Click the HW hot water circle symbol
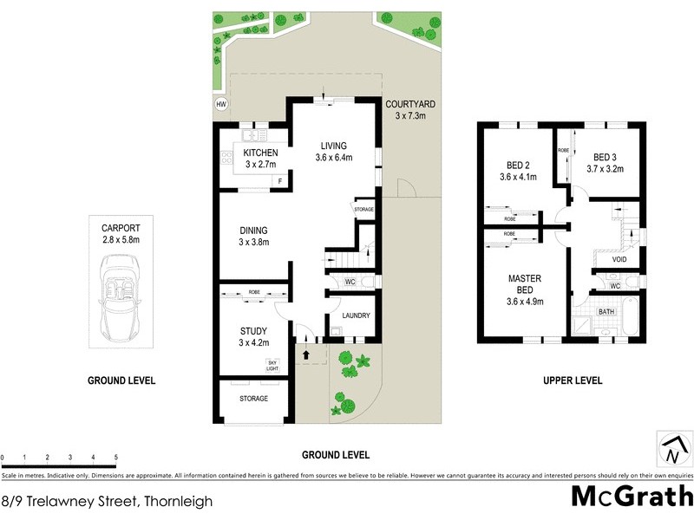point(221,105)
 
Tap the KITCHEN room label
point(260,153)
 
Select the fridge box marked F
point(279,180)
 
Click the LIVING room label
point(333,146)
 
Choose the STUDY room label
point(253,331)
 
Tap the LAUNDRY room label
point(357,315)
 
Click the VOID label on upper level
point(619,259)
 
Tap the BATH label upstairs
point(606,311)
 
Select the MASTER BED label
point(525,283)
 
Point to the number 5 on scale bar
point(115,457)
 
